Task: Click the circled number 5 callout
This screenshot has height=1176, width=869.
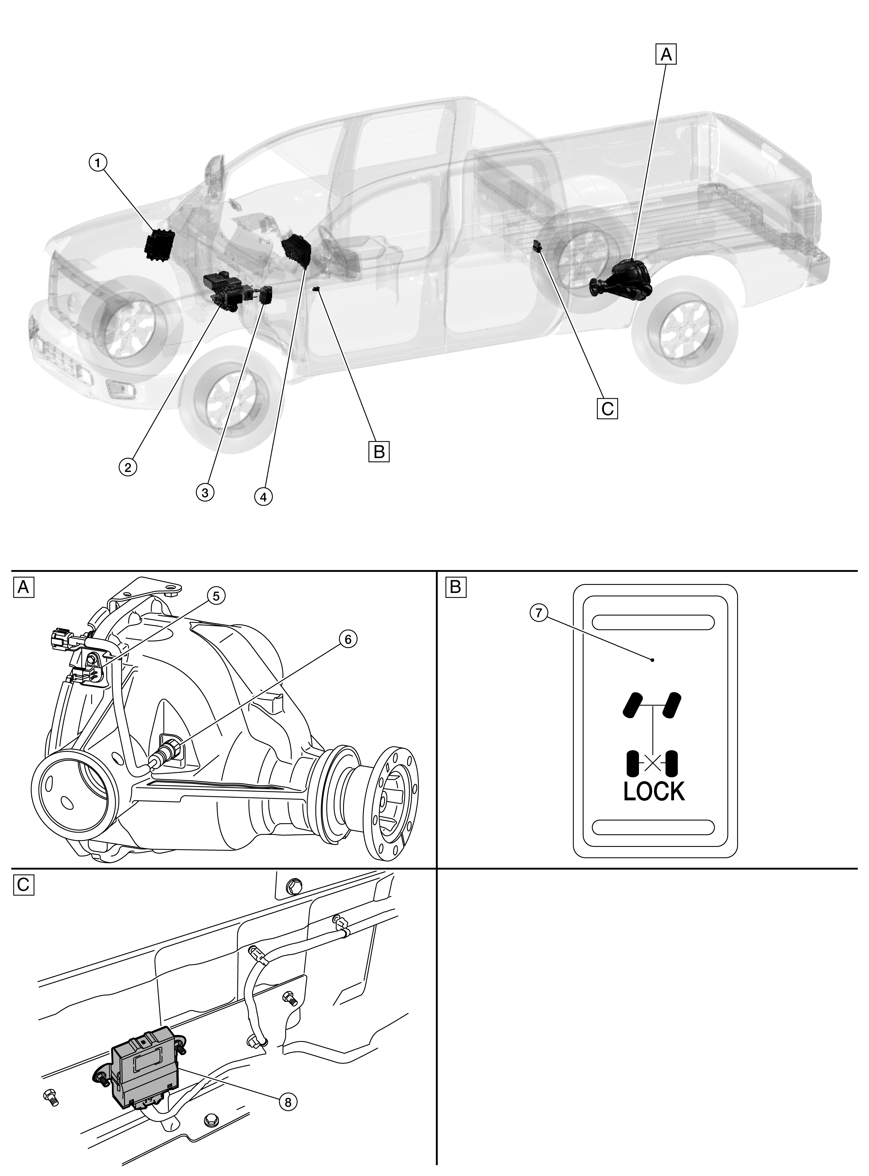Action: pos(216,596)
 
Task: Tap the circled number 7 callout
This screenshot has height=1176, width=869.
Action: pos(539,613)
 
